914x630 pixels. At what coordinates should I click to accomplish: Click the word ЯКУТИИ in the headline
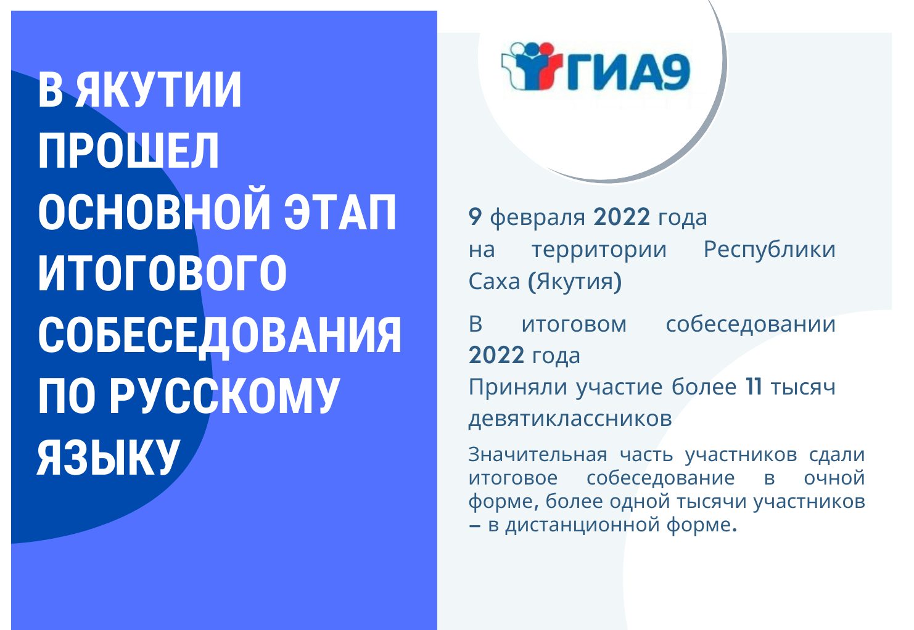point(159,90)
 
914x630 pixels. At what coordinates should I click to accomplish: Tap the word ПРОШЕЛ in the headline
point(128,151)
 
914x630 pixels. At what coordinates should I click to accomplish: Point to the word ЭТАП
point(340,212)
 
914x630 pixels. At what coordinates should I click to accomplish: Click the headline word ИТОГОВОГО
point(162,273)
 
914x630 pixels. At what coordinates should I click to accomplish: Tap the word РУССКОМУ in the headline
point(225,395)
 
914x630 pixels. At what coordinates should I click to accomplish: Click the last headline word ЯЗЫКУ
point(109,456)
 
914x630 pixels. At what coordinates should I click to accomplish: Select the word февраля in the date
point(537,218)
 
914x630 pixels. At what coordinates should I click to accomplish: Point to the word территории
point(599,250)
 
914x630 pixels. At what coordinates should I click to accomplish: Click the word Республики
point(770,250)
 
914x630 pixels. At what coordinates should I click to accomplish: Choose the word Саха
point(494,281)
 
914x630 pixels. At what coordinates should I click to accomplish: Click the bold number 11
point(754,387)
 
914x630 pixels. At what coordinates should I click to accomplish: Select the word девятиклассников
point(570,419)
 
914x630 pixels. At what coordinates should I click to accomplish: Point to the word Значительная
point(537,454)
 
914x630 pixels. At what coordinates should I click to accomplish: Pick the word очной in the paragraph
point(834,478)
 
